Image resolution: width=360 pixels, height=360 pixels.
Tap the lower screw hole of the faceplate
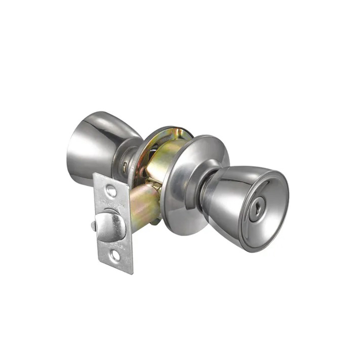tap(117, 256)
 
